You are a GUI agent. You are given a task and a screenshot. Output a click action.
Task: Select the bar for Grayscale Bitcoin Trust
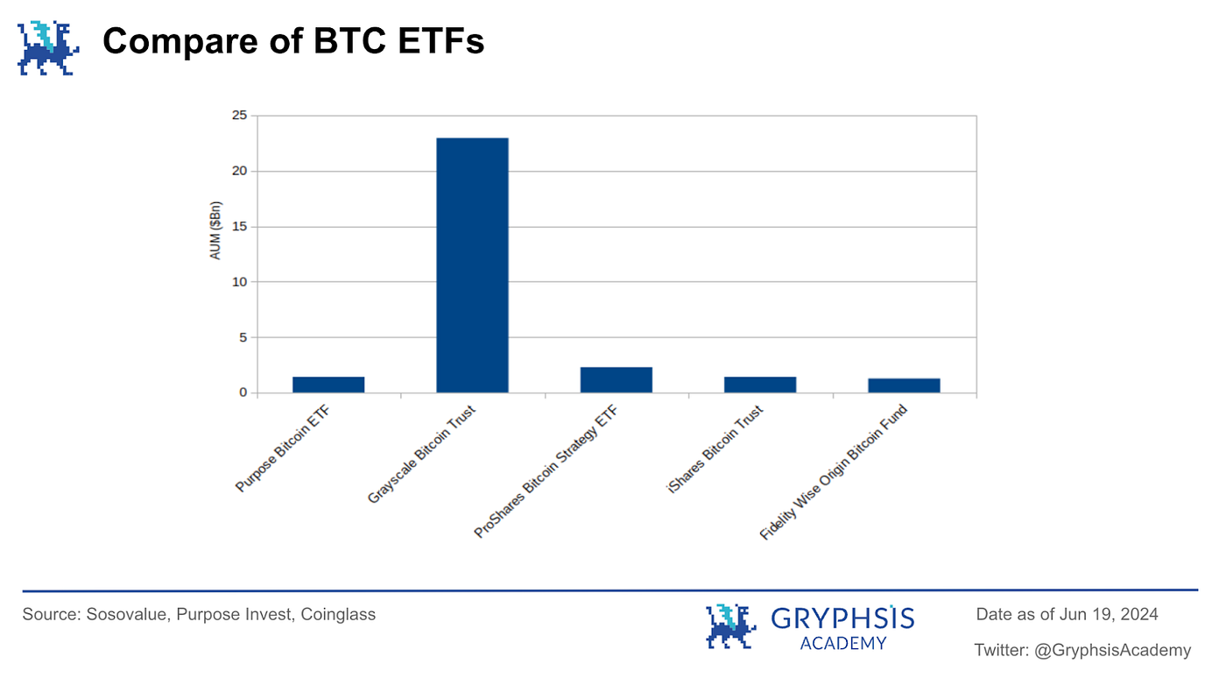click(x=472, y=265)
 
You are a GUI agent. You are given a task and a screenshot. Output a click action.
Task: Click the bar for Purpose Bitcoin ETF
click(x=328, y=385)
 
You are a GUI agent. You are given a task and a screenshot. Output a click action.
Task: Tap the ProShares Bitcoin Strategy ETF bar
click(x=616, y=379)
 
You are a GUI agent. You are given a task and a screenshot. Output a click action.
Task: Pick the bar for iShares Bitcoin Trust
click(x=760, y=385)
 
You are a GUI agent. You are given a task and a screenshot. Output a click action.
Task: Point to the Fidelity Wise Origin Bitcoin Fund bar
click(x=904, y=385)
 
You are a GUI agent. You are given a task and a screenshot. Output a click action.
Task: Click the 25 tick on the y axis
click(x=238, y=116)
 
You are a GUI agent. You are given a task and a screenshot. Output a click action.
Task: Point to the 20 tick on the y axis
click(x=238, y=171)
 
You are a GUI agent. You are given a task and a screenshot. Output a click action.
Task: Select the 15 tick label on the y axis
click(x=238, y=227)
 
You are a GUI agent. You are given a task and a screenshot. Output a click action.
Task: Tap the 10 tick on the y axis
click(x=238, y=282)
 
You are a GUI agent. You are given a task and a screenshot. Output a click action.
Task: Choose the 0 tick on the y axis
click(x=243, y=392)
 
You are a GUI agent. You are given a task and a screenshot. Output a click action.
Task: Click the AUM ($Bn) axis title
click(x=216, y=254)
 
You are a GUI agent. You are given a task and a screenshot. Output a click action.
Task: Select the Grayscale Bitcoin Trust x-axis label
click(x=423, y=456)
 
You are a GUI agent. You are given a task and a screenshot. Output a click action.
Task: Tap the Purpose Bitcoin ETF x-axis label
click(x=287, y=448)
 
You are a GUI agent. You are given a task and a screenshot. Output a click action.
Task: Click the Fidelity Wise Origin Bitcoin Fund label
click(x=833, y=473)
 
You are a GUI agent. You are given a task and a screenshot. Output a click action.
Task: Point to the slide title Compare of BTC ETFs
click(x=293, y=41)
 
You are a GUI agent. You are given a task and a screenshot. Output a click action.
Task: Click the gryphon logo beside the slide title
click(x=49, y=47)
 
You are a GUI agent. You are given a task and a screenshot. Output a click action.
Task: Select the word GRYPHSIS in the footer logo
click(x=842, y=619)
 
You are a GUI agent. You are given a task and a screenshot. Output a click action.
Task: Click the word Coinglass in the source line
click(x=338, y=614)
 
